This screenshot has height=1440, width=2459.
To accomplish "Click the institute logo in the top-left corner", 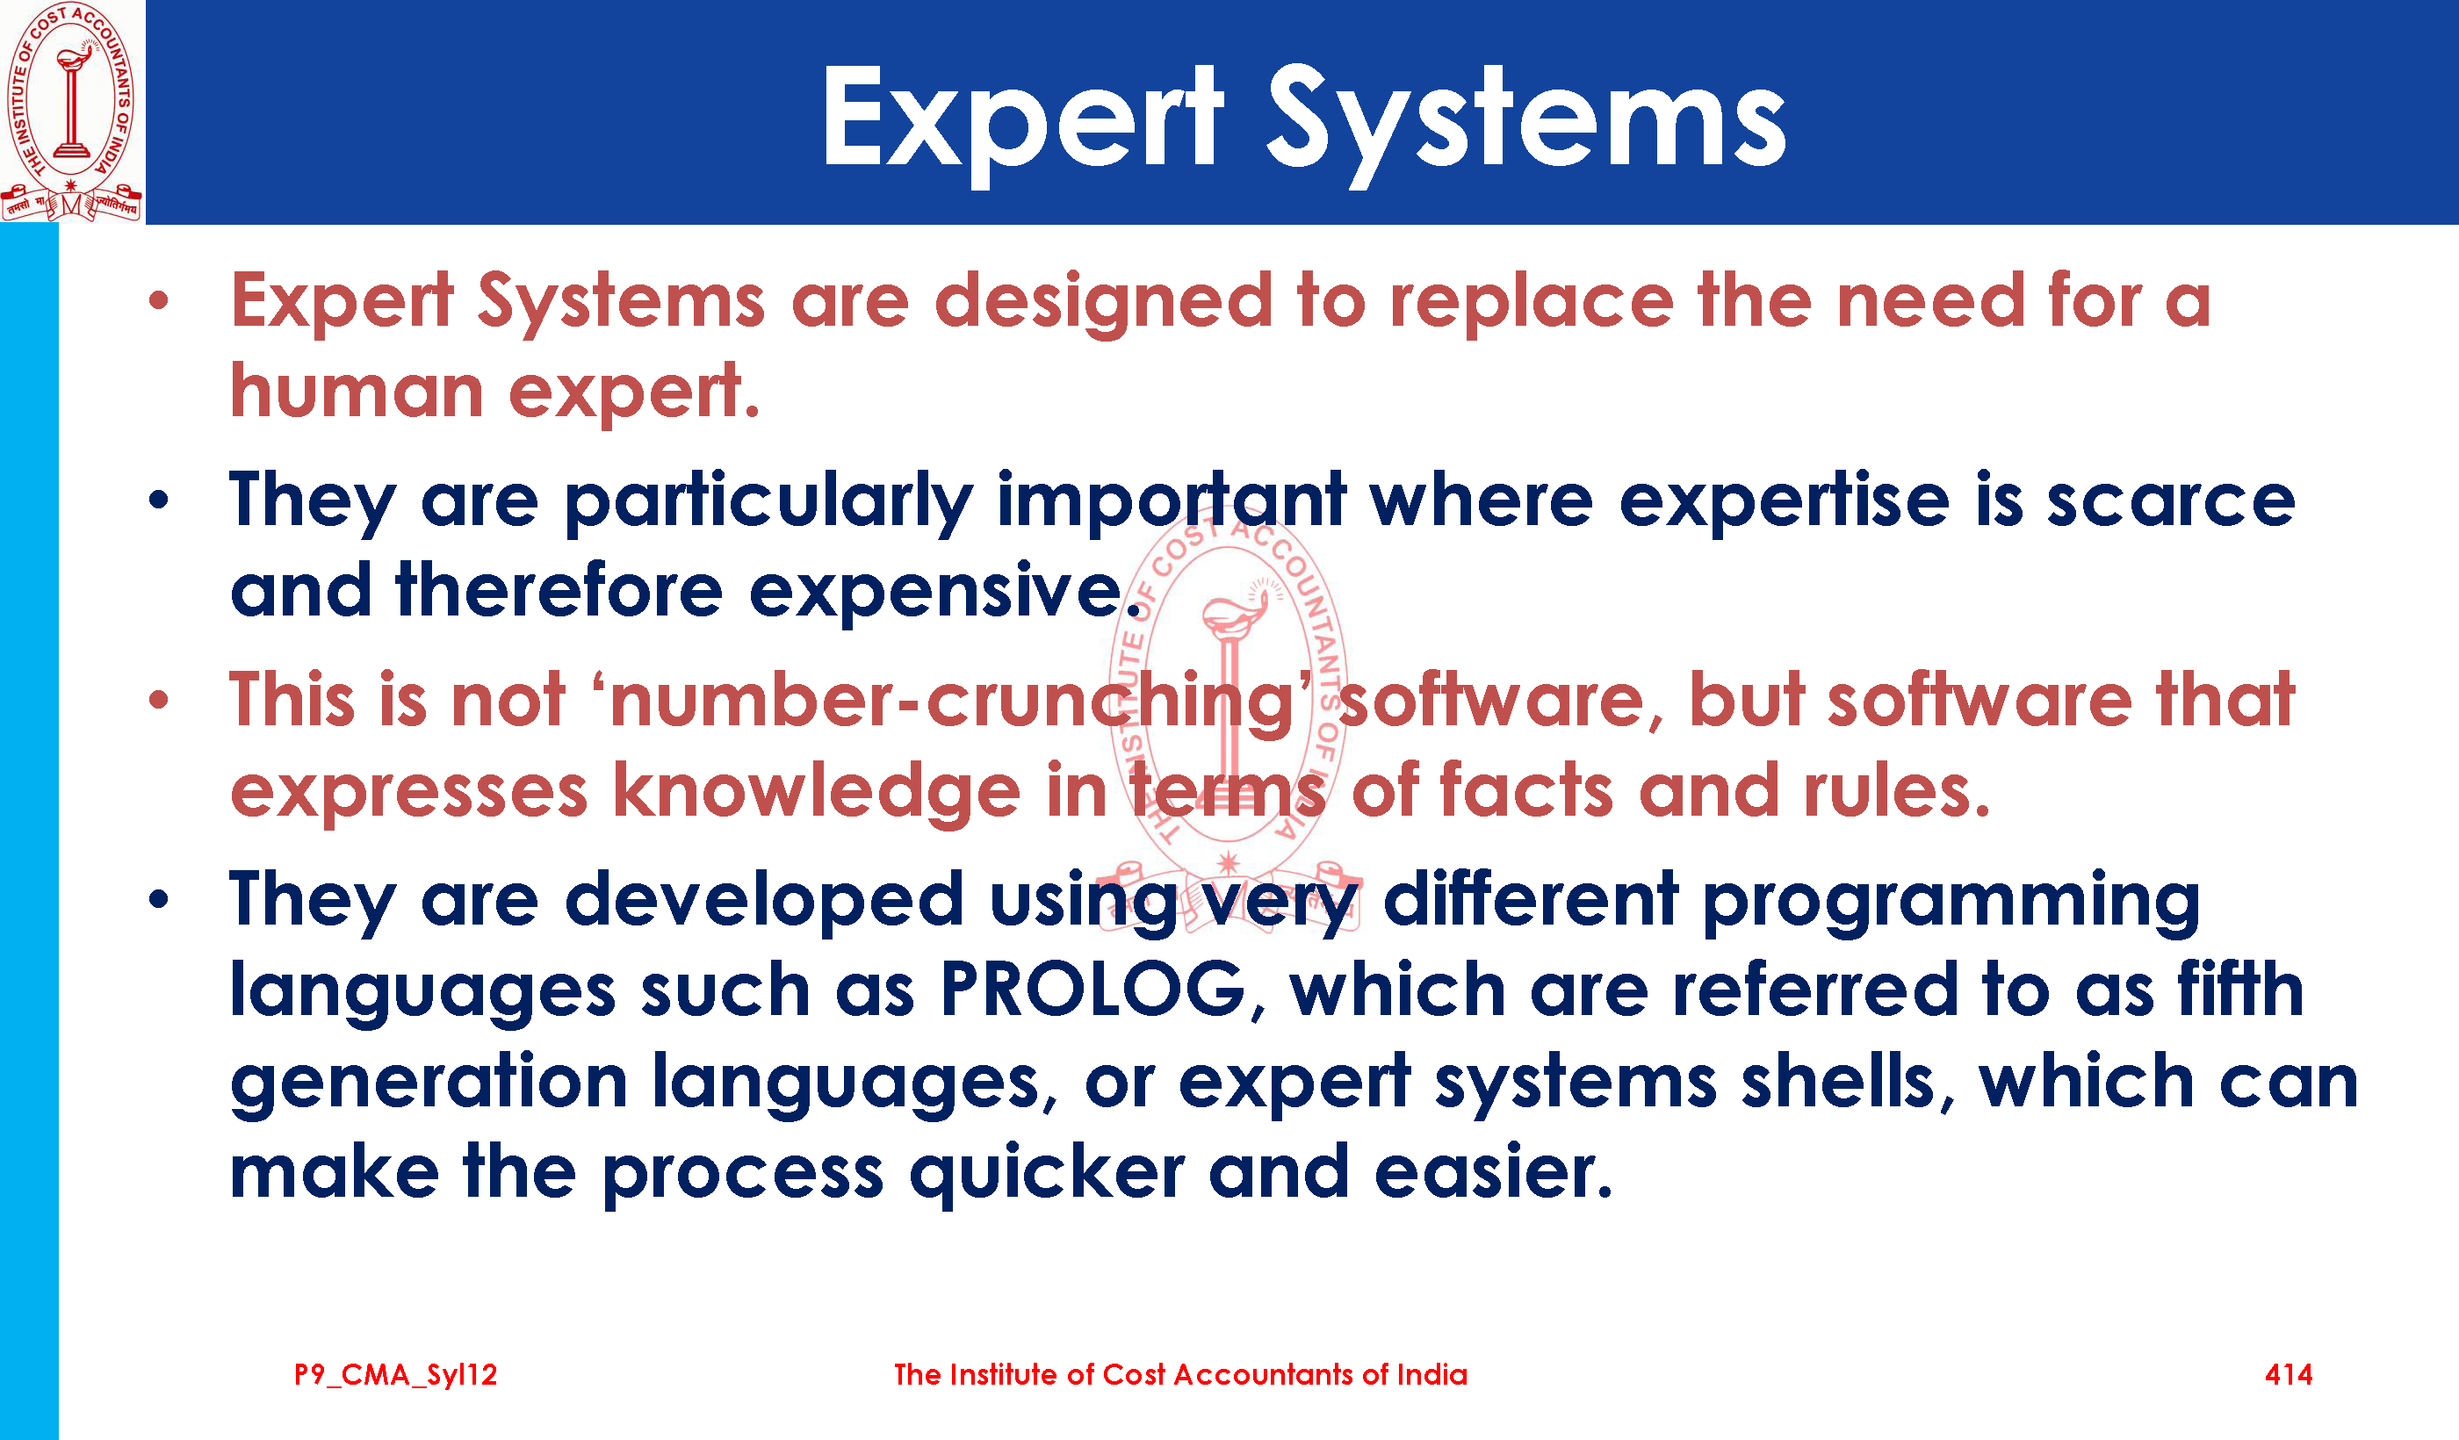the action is [x=71, y=112].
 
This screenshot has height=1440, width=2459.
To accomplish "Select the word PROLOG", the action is [x=1094, y=990].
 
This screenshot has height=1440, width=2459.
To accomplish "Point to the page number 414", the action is [x=2289, y=1375].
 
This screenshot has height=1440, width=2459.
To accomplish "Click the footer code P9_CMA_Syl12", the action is [x=396, y=1376].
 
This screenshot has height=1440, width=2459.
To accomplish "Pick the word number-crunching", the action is [x=951, y=701].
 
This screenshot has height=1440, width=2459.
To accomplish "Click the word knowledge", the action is [x=817, y=790].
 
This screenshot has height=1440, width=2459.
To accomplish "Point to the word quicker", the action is [x=1046, y=1173].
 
